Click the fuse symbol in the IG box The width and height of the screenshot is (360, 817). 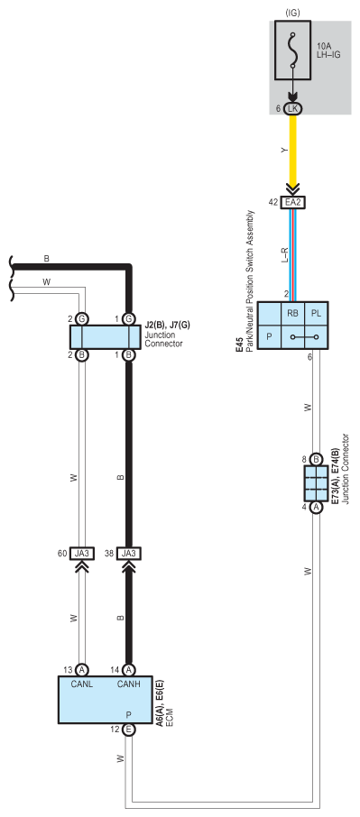(x=293, y=50)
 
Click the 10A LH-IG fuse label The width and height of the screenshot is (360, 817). (x=328, y=50)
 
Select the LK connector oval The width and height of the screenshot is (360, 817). (x=293, y=108)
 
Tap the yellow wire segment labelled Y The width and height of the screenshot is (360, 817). (x=293, y=151)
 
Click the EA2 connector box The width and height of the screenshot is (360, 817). (x=293, y=202)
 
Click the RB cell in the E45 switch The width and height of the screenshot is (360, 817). (x=293, y=313)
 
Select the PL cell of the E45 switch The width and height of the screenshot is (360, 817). (x=316, y=313)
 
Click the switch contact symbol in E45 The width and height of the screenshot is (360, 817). (x=305, y=337)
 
